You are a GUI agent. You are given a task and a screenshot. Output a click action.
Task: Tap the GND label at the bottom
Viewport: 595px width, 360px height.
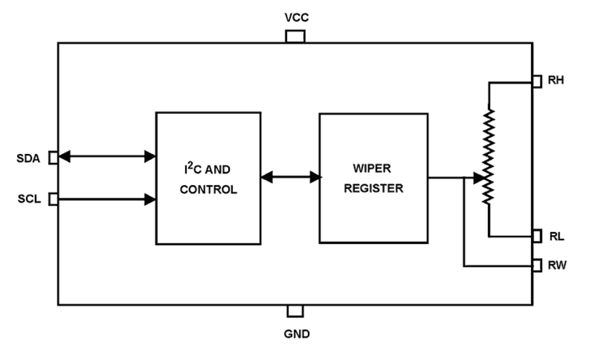click(297, 334)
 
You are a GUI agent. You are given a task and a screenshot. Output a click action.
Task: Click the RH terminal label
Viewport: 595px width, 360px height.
click(556, 81)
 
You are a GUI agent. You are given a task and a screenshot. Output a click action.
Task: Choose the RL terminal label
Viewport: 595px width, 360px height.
click(556, 236)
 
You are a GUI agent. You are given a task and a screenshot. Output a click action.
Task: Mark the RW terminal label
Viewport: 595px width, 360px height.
click(557, 265)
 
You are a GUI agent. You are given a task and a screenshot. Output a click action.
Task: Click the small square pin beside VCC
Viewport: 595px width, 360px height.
click(295, 36)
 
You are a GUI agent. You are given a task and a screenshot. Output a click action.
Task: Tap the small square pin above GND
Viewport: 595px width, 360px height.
click(295, 311)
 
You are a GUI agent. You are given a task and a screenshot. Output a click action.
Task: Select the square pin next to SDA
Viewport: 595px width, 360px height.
click(54, 158)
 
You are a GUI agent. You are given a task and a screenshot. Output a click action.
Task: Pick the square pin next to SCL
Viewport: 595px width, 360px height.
click(54, 199)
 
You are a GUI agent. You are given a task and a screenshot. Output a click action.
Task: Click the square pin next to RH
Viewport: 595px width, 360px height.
click(537, 81)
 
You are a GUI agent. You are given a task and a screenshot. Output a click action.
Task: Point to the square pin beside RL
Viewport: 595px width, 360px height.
click(537, 235)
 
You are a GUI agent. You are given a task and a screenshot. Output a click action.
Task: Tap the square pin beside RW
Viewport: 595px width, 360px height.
click(537, 265)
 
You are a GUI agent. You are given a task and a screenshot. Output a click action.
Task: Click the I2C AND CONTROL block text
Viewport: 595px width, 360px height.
click(208, 180)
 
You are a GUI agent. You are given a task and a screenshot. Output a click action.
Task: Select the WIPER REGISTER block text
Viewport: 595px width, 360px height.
click(373, 179)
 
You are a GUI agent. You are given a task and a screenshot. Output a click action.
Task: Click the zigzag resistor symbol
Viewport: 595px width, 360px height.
click(488, 156)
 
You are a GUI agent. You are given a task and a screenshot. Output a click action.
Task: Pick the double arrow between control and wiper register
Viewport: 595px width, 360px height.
click(290, 178)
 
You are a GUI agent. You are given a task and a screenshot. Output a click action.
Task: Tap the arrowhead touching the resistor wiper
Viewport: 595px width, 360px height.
click(479, 178)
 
